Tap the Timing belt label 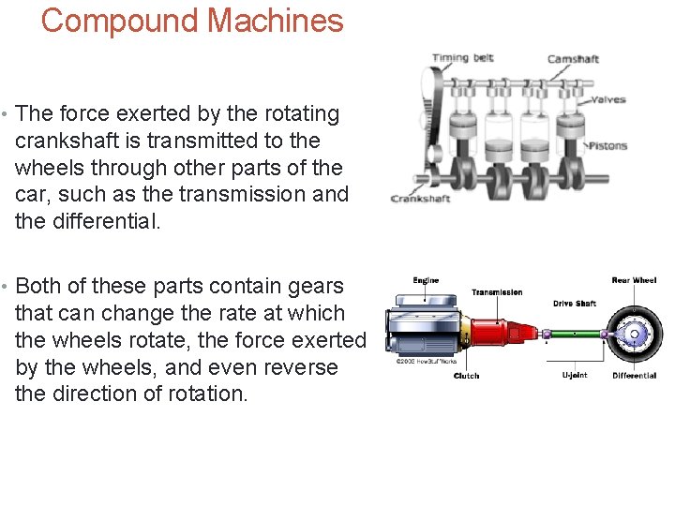tap(462, 58)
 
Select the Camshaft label tap(573, 59)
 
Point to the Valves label tap(607, 99)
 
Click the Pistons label tap(607, 145)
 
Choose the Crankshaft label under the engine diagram tap(420, 199)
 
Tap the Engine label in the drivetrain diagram tap(426, 280)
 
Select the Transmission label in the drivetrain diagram tap(497, 292)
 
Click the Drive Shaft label tap(575, 304)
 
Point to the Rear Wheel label tap(634, 280)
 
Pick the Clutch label tap(466, 376)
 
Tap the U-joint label tap(575, 376)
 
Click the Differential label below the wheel tap(635, 376)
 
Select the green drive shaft tap(573, 334)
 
